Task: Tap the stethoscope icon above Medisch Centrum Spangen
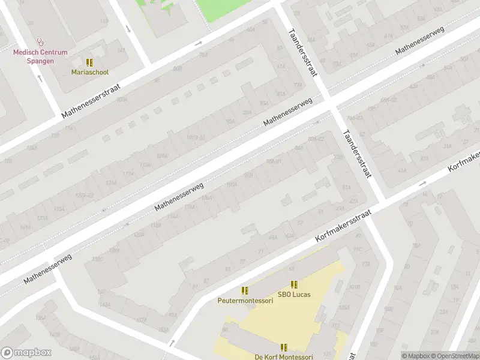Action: coord(41,42)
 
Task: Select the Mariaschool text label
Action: coord(90,72)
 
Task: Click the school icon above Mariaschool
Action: coord(90,62)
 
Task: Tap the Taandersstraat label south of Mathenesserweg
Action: coord(357,154)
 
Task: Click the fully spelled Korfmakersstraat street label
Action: coord(344,226)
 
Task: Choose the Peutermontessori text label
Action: coord(245,301)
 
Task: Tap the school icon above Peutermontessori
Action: coord(245,291)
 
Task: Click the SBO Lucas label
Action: coord(293,295)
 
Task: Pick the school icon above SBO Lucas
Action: coord(293,284)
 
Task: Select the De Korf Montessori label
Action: coord(284,357)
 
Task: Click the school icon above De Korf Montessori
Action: coord(284,347)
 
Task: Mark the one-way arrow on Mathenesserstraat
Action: coord(199,43)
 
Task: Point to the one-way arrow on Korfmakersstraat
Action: coord(422,184)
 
